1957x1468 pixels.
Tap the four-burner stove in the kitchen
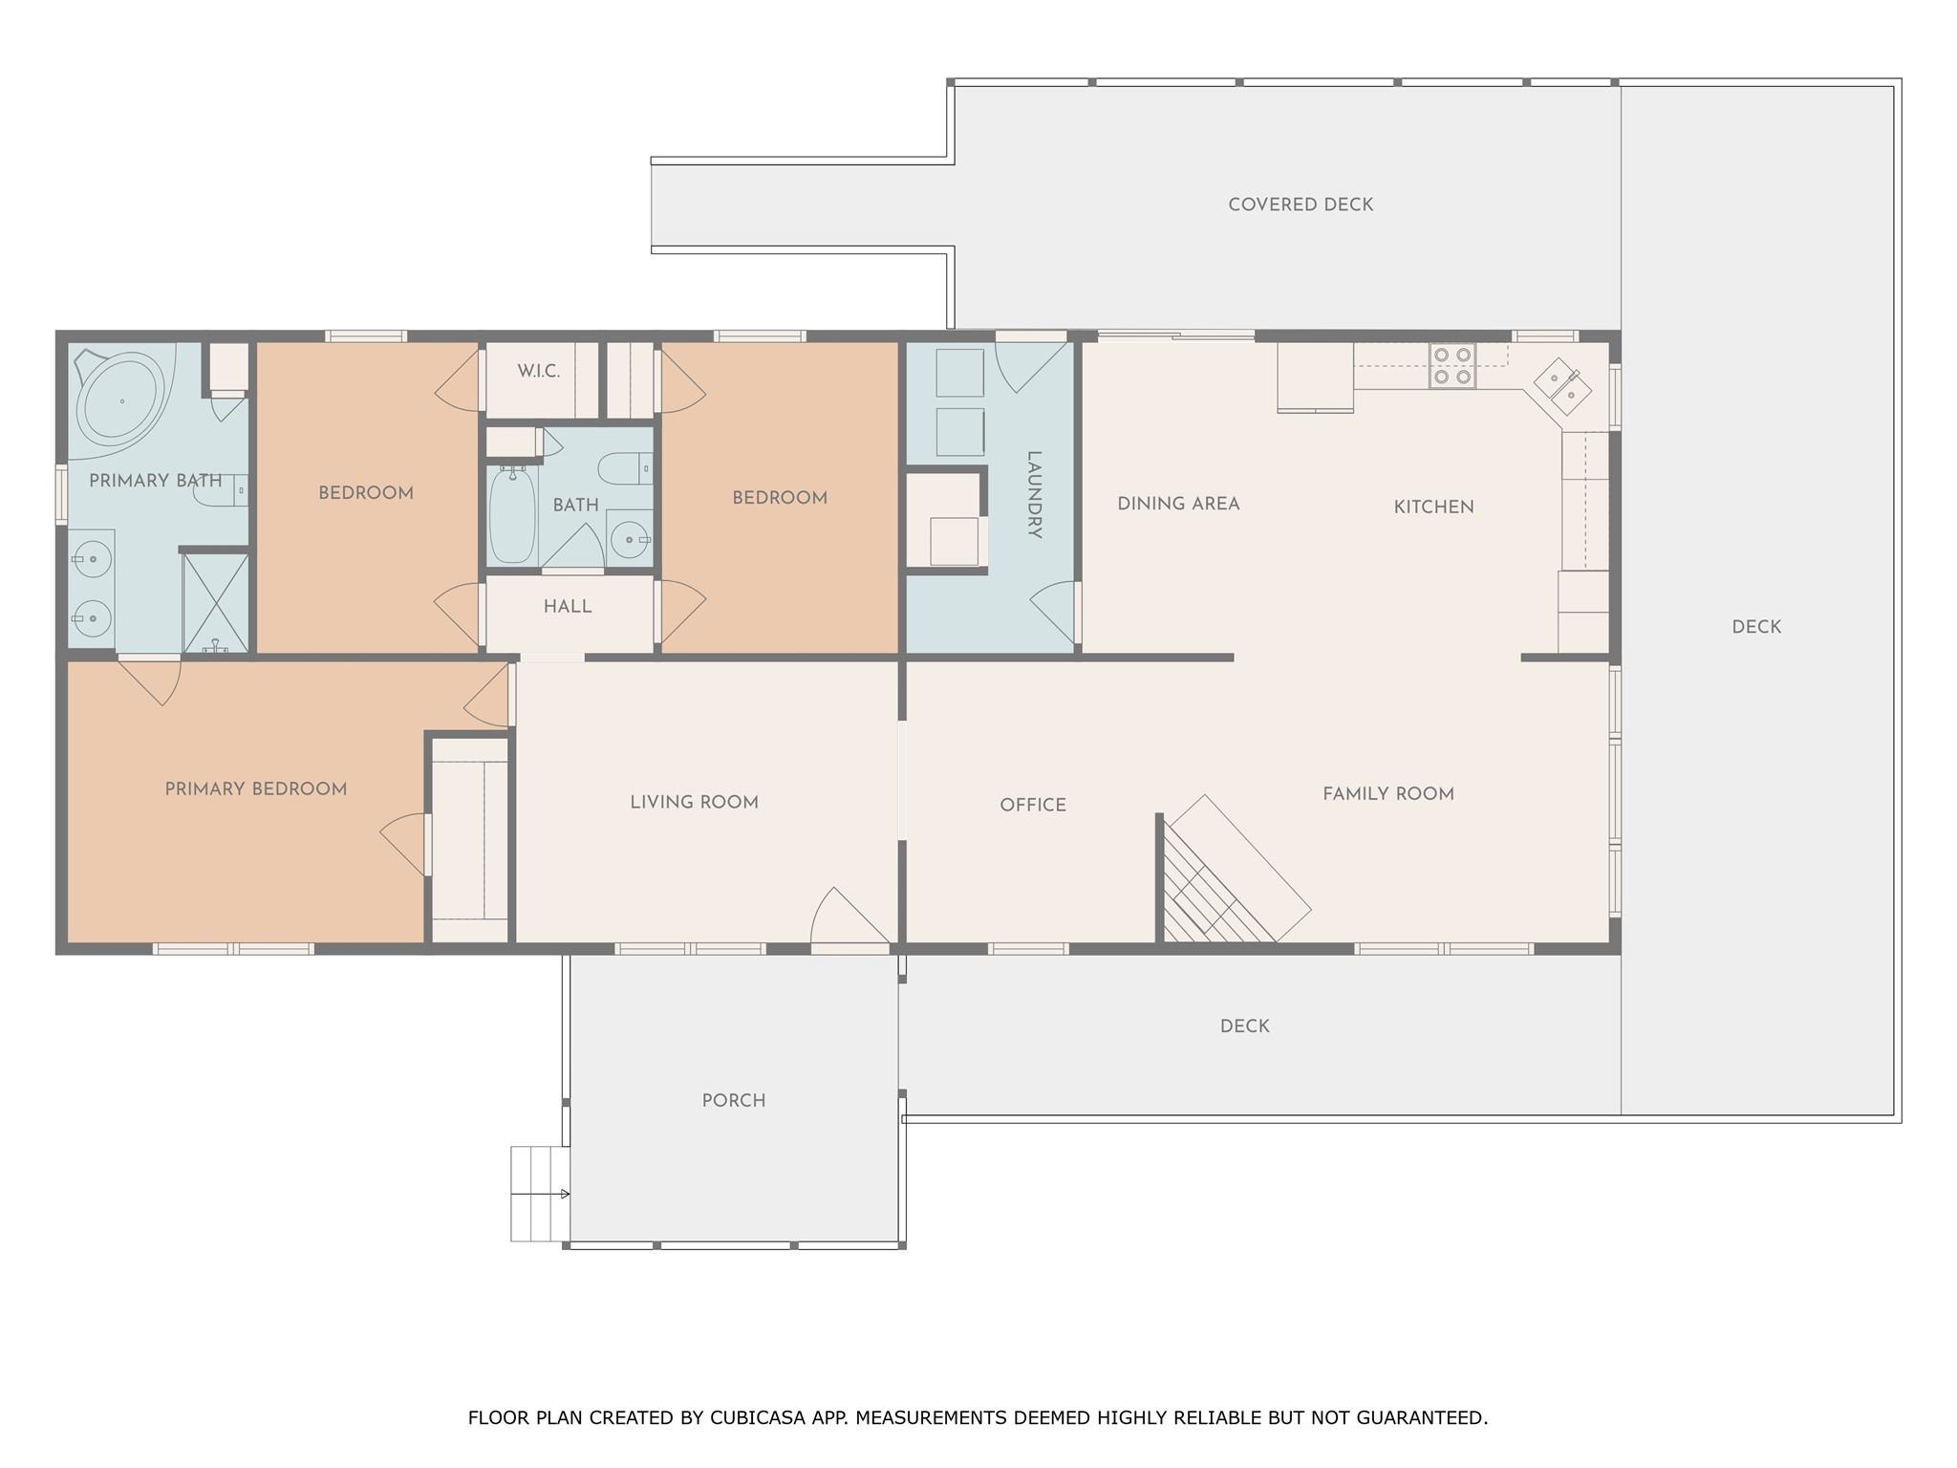pos(1452,366)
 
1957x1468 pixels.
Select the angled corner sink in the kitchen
pos(1562,386)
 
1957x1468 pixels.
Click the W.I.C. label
pos(539,372)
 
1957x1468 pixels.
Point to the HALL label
pos(568,607)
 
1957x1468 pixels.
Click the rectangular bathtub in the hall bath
pos(513,514)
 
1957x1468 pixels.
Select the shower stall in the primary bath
pos(215,603)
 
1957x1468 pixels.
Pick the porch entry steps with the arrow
pos(540,1194)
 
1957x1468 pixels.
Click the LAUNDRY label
pos(1034,495)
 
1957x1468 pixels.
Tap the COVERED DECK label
pos(1301,205)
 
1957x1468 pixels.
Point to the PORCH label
pos(734,1101)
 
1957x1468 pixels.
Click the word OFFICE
pos(1033,806)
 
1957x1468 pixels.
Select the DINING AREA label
pos(1178,504)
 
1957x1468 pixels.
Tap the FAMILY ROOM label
pos(1388,794)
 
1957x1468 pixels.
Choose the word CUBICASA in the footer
pos(756,1417)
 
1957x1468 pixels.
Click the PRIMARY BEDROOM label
pos(256,789)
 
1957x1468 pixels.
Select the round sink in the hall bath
pos(629,540)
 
